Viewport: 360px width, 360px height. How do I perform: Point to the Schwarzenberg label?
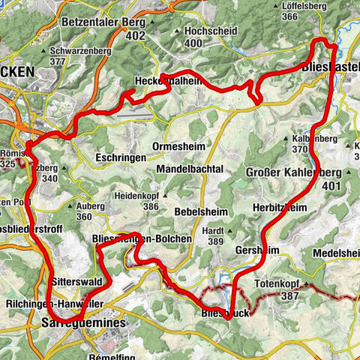point(77,51)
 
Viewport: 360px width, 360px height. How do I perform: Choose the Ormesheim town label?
point(175,145)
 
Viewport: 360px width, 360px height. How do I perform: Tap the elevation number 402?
point(135,34)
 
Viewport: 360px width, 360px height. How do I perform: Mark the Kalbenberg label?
point(309,139)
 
